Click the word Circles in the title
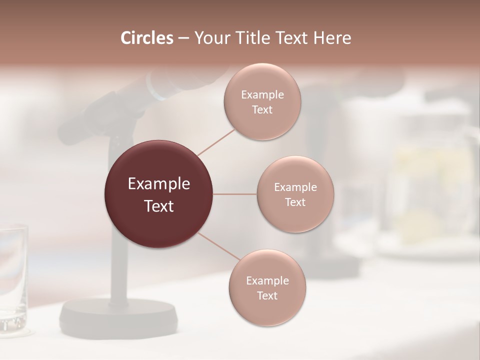(x=147, y=38)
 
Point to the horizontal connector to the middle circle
(x=235, y=194)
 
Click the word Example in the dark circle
(x=159, y=184)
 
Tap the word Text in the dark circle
(x=159, y=206)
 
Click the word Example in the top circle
(x=262, y=95)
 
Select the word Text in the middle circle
(x=295, y=202)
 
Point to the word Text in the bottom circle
(x=267, y=296)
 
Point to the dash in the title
(x=183, y=38)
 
